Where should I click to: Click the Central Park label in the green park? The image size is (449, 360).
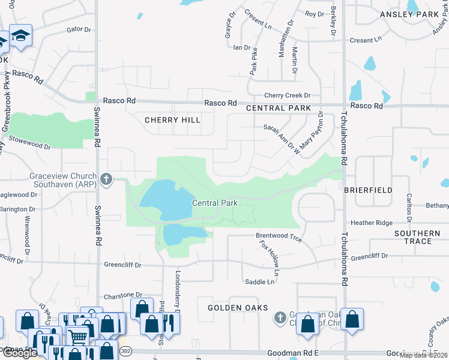215,203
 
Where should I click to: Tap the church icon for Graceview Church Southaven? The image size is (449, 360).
107,179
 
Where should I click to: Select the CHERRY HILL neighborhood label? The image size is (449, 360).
172,120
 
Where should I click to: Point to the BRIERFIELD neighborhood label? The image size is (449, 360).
368,190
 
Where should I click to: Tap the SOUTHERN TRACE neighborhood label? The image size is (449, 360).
417,237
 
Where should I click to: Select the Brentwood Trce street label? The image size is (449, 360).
279,237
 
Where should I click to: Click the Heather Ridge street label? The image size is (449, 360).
372,223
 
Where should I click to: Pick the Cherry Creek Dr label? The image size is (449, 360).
288,95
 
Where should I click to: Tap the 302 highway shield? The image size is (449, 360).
125,350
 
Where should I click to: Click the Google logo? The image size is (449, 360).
20,353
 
